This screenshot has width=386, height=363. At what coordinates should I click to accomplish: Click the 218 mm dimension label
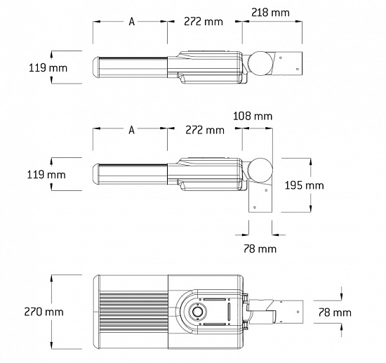(270, 13)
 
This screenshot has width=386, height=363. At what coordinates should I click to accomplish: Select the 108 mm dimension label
(253, 116)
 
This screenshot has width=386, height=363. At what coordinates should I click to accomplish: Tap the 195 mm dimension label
(305, 185)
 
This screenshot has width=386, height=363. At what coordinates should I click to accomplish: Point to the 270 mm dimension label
(44, 312)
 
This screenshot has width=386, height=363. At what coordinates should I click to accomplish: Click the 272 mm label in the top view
(204, 22)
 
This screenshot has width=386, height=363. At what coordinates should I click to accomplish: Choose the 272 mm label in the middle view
(205, 130)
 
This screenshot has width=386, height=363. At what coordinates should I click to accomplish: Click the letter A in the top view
(132, 22)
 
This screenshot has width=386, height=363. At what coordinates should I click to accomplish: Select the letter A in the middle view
(132, 130)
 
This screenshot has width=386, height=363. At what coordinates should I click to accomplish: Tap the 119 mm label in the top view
(48, 67)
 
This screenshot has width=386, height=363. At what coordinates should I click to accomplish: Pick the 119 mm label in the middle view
(46, 175)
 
